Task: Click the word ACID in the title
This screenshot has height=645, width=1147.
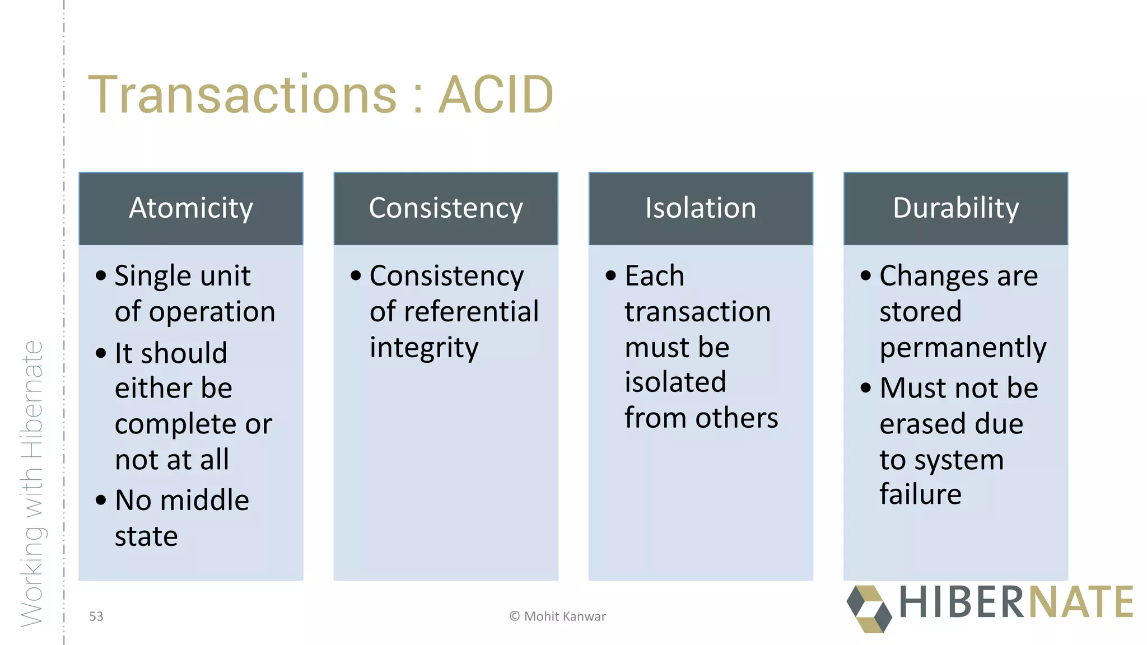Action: coord(495,95)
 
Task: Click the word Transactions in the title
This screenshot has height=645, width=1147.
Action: coord(243,95)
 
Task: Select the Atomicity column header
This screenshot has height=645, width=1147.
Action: coord(191,208)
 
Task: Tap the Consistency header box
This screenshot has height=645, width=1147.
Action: coord(446,208)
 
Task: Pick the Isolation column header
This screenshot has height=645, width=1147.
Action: coord(701,208)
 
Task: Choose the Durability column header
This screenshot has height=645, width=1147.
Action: coord(955,208)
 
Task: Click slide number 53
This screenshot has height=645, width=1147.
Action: coord(96,616)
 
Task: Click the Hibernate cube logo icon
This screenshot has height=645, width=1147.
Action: coord(869,609)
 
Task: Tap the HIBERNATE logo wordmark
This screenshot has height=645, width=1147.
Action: coord(1016,603)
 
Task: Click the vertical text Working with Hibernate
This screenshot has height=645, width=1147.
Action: coord(32,484)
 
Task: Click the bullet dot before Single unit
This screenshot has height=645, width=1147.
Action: coord(101,275)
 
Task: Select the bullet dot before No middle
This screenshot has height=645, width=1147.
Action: coord(101,500)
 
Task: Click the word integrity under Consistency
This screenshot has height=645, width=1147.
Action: coord(424,348)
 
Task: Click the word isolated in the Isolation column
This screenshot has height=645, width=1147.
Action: coord(675,382)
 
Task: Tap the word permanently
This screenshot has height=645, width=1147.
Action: coord(962,348)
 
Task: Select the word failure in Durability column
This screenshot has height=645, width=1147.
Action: coord(920,494)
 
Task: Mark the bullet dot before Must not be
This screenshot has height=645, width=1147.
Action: coord(866,387)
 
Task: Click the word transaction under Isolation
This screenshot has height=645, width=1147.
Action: coord(697,312)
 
